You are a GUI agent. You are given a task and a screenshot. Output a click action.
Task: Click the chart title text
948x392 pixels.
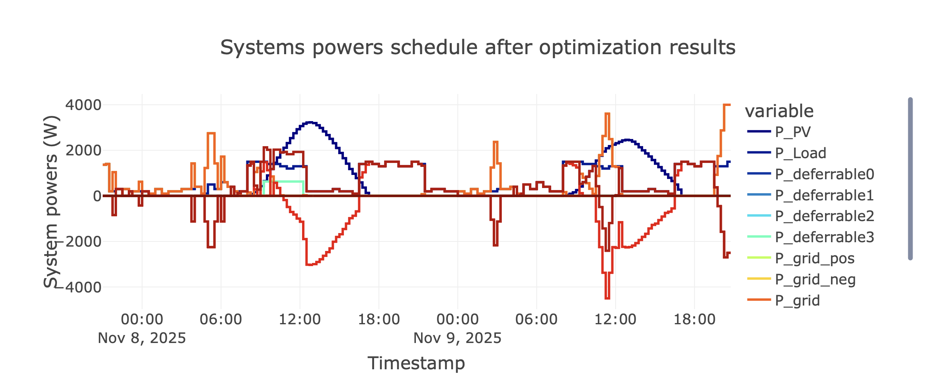click(478, 47)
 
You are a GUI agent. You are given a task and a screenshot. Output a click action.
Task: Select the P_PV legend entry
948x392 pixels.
click(792, 132)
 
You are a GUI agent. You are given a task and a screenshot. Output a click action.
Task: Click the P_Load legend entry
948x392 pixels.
click(800, 153)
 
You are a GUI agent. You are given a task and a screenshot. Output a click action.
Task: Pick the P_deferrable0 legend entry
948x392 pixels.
click(824, 174)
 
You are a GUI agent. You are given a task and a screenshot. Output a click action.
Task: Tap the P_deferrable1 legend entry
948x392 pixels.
click(824, 195)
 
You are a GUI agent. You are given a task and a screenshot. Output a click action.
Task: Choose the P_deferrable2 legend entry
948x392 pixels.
click(824, 216)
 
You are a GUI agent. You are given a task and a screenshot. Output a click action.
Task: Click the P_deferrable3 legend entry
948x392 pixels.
click(824, 237)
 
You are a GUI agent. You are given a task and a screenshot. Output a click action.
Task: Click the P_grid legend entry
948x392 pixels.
click(797, 300)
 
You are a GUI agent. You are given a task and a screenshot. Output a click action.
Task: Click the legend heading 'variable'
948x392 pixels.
click(779, 111)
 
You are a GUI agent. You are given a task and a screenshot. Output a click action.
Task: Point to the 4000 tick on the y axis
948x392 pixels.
click(83, 105)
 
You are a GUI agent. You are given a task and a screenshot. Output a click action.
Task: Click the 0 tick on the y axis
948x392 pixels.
click(97, 196)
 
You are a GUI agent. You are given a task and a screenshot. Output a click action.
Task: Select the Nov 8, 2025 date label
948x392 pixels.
click(142, 338)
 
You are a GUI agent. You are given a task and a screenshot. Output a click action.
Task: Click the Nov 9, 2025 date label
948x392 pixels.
click(457, 338)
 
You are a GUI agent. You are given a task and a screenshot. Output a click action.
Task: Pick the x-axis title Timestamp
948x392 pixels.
click(416, 363)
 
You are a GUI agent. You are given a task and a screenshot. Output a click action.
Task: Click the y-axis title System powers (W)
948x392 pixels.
click(51, 201)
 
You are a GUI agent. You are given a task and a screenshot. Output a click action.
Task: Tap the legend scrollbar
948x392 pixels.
click(910, 178)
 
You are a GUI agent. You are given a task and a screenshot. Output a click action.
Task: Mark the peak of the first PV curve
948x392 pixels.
click(310, 122)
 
